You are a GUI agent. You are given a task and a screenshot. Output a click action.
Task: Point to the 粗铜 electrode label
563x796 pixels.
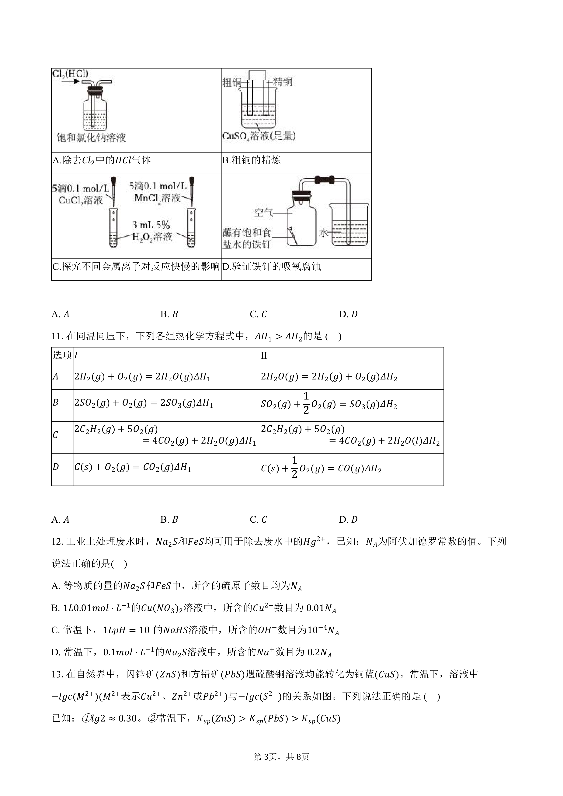[x=232, y=82]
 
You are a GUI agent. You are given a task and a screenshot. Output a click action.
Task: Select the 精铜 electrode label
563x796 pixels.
[x=283, y=82]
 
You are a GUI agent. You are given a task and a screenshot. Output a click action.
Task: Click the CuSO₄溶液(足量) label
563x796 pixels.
[x=259, y=136]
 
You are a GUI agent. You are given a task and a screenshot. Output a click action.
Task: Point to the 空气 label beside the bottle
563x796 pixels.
[x=263, y=213]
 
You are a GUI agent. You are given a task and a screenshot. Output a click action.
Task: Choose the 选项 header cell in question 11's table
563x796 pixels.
[x=62, y=355]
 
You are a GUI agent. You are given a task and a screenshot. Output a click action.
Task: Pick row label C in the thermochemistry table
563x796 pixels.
[x=55, y=435]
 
